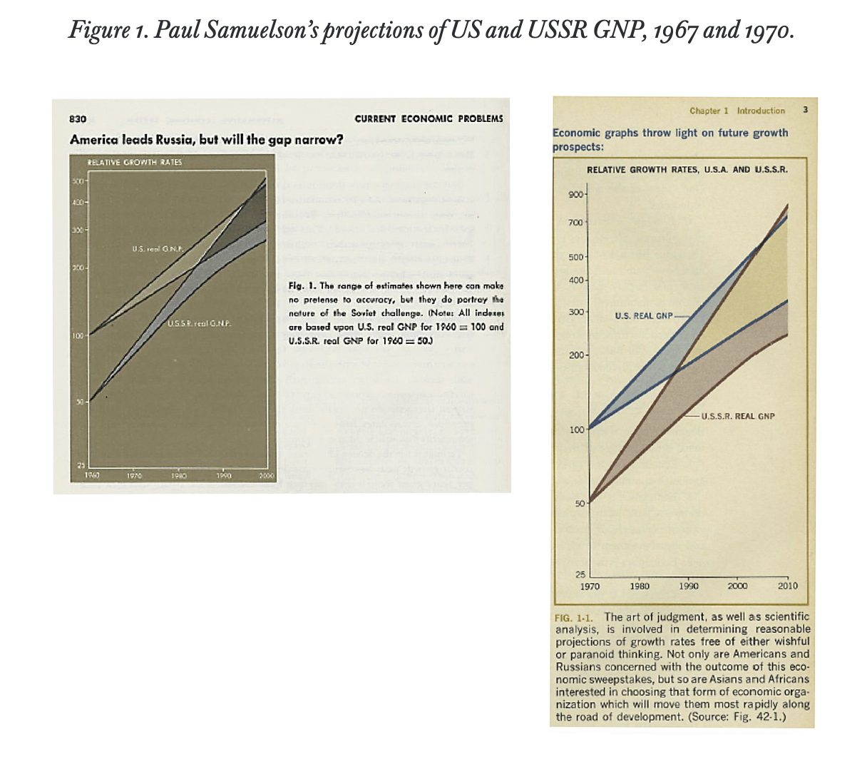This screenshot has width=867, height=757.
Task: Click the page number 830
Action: click(x=78, y=118)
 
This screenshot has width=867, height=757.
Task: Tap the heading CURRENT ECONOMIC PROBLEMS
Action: click(x=429, y=118)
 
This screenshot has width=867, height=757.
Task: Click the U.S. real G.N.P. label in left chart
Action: click(x=157, y=249)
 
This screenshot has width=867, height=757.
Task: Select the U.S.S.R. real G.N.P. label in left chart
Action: click(x=199, y=325)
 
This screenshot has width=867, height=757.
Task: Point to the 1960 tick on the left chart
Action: click(x=91, y=474)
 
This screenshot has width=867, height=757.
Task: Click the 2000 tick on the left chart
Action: click(x=266, y=474)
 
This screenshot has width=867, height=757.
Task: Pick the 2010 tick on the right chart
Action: click(x=787, y=586)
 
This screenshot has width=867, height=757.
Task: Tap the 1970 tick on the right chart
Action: click(x=590, y=586)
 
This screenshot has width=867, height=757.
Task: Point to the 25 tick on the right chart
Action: click(x=580, y=574)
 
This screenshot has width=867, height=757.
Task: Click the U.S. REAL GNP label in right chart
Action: click(x=643, y=315)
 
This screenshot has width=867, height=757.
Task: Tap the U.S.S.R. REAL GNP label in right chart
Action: click(x=738, y=416)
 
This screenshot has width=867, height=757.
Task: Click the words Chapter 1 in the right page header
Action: click(x=709, y=111)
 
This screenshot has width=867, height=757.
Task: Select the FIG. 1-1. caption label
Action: click(x=575, y=617)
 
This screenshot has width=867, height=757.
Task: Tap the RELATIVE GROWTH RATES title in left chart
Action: click(x=134, y=162)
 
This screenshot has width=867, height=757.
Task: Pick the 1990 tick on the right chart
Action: click(x=689, y=586)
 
